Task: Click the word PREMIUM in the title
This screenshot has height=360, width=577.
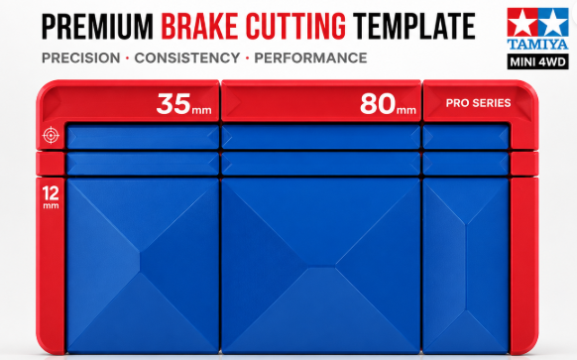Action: point(97,26)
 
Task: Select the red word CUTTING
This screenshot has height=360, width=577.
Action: point(295,26)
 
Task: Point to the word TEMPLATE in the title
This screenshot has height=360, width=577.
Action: point(414,26)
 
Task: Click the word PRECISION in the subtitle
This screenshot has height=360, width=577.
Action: point(81,59)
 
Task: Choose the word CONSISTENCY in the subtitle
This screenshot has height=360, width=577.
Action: point(187,59)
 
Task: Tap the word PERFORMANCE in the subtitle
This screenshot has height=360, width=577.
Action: point(310,59)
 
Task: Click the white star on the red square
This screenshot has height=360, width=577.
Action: point(522,23)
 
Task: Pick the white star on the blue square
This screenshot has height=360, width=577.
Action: point(553,23)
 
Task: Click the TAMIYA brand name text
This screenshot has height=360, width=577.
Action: point(537,45)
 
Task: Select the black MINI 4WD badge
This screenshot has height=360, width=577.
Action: point(537,61)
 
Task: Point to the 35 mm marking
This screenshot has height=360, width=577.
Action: point(184,104)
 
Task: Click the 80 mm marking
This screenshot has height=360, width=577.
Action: point(388,104)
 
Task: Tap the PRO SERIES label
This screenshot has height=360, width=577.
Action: point(478,103)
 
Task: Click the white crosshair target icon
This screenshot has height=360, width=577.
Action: point(51,135)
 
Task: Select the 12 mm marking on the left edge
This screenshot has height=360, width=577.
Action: point(51,197)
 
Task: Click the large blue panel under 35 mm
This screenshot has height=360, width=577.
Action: point(143,266)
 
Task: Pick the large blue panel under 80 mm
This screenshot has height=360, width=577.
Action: point(321,266)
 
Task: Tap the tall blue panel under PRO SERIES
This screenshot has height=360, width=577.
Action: point(466,266)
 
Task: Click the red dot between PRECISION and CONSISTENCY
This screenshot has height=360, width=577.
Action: point(127,59)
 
